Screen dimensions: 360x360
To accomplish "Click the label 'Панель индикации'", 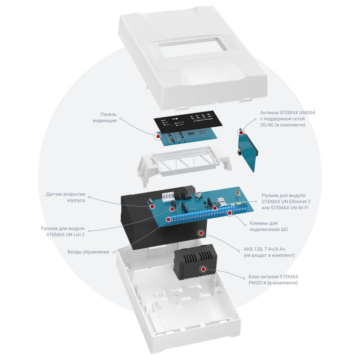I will click(104, 117).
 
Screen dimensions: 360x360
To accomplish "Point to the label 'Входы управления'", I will click(88, 252).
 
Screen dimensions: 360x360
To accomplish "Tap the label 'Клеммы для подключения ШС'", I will click(269, 226).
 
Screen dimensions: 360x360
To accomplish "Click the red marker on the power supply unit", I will click(203, 269).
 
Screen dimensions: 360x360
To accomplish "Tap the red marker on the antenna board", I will click(242, 133).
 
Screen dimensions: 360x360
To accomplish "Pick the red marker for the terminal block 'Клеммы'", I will click(229, 212).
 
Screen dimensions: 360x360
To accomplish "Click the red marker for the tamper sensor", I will click(152, 206).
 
